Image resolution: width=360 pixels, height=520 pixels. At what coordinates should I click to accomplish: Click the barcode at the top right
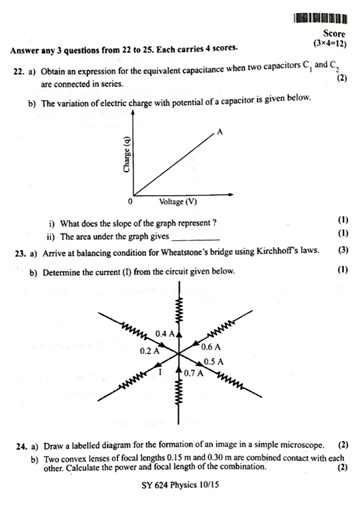click(321, 19)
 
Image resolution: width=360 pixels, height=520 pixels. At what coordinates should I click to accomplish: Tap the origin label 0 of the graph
click(131, 202)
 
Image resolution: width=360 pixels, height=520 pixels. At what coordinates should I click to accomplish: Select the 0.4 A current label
click(167, 331)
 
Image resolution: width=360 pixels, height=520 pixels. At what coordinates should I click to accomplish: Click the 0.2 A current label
click(150, 351)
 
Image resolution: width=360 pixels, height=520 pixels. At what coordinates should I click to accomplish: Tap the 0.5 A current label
click(213, 361)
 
